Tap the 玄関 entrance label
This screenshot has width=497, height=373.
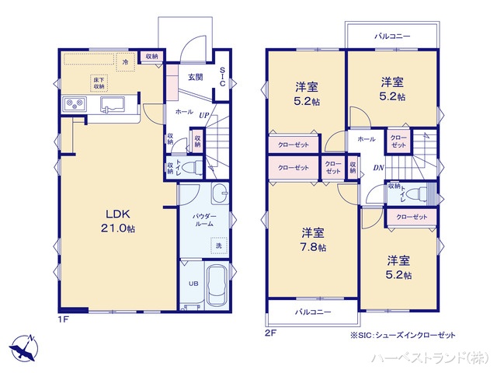click(195, 77)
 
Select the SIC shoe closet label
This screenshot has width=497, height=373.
click(222, 77)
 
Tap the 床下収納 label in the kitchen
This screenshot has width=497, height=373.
click(99, 82)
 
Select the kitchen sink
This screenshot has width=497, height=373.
click(113, 104)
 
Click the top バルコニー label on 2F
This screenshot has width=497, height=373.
click(392, 36)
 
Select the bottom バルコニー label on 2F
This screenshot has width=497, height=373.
click(313, 312)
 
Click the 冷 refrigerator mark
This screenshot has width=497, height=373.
click(124, 60)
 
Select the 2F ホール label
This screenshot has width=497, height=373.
click(366, 138)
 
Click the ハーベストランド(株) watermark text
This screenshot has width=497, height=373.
click(430, 357)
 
